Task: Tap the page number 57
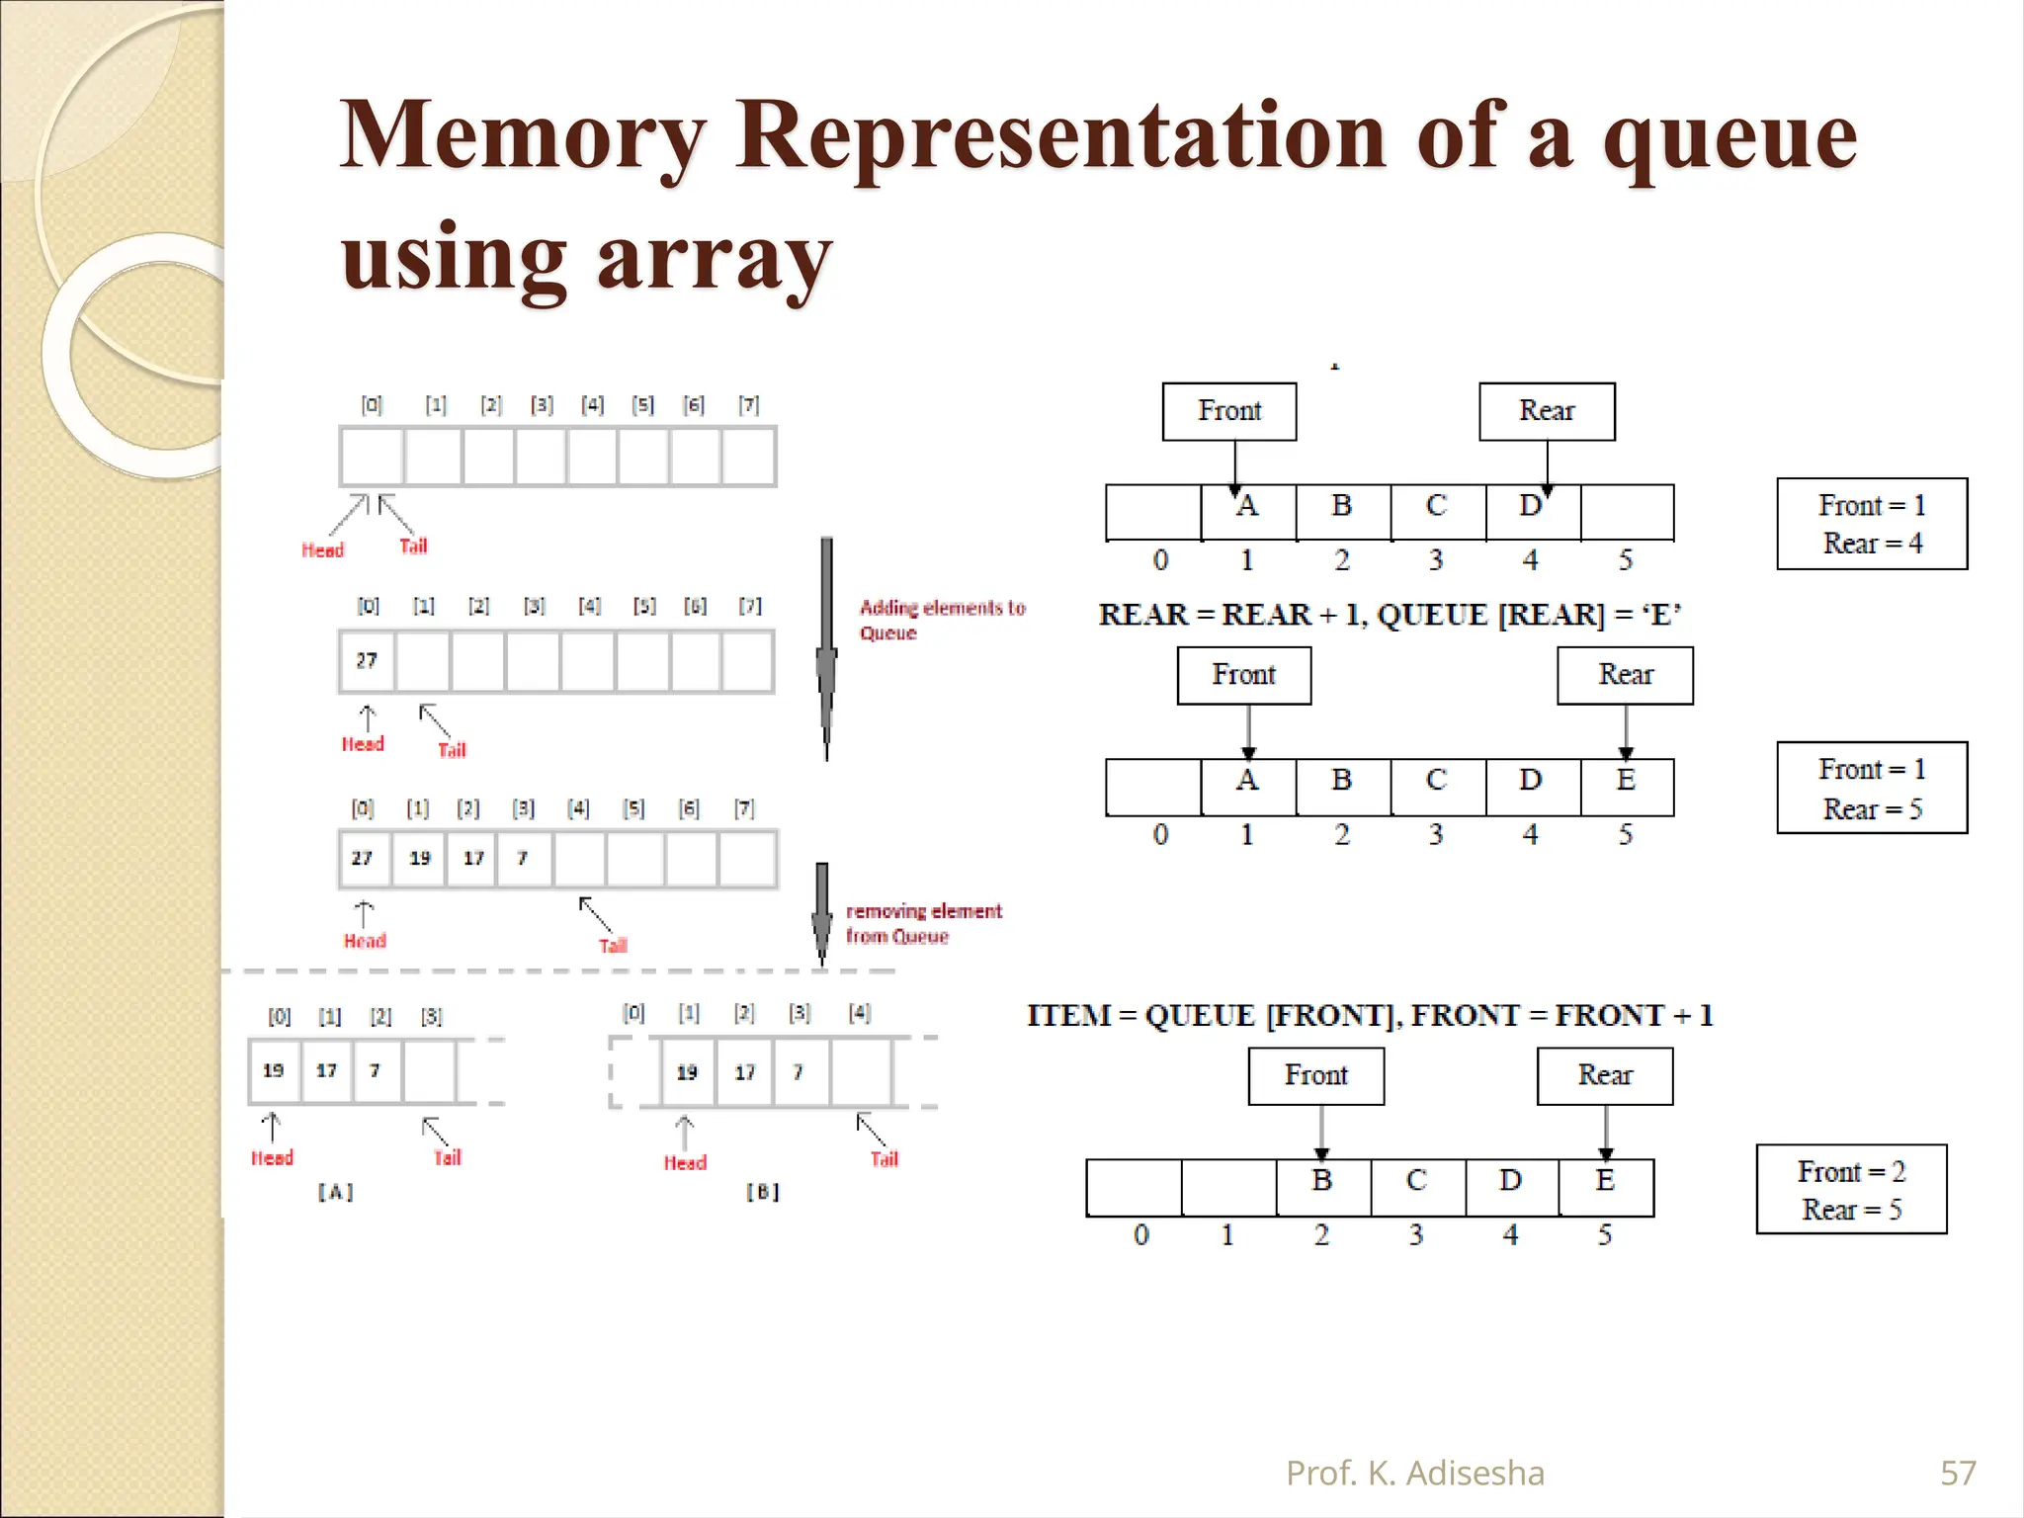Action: tap(1958, 1473)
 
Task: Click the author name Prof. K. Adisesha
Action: tap(1414, 1473)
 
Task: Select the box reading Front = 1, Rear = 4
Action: tap(1871, 524)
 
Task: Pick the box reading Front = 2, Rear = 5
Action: tap(1851, 1189)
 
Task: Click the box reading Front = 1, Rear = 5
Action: tap(1871, 788)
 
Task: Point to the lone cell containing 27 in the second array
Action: tap(367, 660)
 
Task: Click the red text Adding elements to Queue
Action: tap(941, 620)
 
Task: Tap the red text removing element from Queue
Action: tap(923, 923)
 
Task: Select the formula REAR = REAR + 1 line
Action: tap(1389, 615)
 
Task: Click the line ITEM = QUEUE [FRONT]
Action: tap(1369, 1015)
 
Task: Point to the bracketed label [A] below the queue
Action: tap(335, 1192)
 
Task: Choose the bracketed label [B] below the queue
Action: tap(762, 1192)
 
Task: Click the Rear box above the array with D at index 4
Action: tap(1547, 411)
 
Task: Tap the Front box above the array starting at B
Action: tap(1315, 1075)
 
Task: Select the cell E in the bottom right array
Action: tap(1605, 1185)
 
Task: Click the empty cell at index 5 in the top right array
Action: tap(1626, 512)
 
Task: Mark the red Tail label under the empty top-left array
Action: tap(413, 546)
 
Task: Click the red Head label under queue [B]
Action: tap(685, 1162)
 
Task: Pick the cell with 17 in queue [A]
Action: tap(327, 1070)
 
